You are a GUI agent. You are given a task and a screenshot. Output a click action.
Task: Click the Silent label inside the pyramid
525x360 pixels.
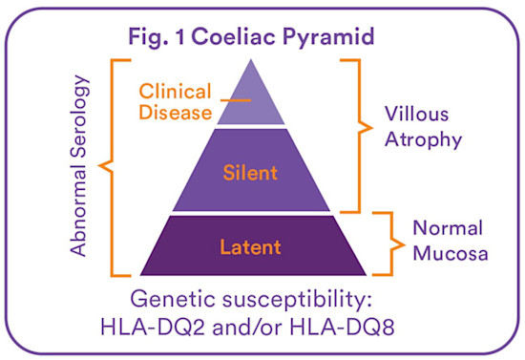click(x=251, y=173)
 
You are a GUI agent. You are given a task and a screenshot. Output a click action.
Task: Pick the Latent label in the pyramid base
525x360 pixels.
click(x=250, y=247)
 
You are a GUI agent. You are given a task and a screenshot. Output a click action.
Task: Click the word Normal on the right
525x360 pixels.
click(x=447, y=229)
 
